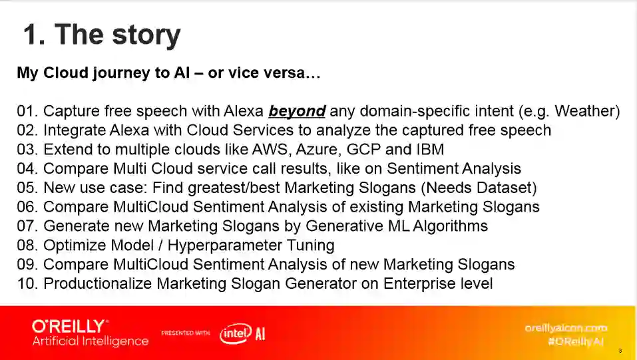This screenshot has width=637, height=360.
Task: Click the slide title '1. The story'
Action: tap(102, 35)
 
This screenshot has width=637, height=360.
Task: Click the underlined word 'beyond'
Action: tap(297, 111)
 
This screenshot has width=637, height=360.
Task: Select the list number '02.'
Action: tap(27, 130)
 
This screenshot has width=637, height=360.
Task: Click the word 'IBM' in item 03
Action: tap(430, 149)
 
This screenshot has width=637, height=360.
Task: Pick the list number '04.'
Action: tap(27, 168)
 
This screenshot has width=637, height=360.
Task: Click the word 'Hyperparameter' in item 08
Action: tap(225, 246)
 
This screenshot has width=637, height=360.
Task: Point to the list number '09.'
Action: tap(27, 265)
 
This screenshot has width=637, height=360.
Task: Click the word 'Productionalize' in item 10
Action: tap(97, 283)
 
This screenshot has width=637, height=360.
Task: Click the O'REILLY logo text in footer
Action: tap(69, 326)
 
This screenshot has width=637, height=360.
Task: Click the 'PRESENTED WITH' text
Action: tap(186, 333)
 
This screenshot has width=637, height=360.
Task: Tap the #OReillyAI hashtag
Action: tap(576, 342)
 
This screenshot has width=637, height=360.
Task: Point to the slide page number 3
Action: tap(620, 351)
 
